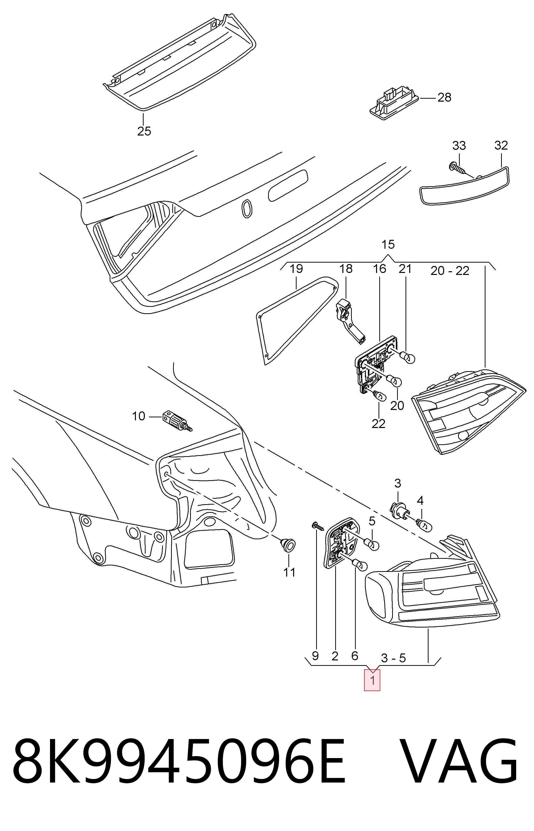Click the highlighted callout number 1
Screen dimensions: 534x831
pyautogui.click(x=372, y=680)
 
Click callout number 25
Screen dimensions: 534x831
pyautogui.click(x=144, y=131)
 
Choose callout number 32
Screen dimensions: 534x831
pyautogui.click(x=501, y=145)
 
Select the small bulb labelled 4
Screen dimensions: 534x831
pyautogui.click(x=424, y=525)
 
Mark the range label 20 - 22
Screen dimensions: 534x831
pyautogui.click(x=450, y=271)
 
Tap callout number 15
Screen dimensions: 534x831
pyautogui.click(x=388, y=245)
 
